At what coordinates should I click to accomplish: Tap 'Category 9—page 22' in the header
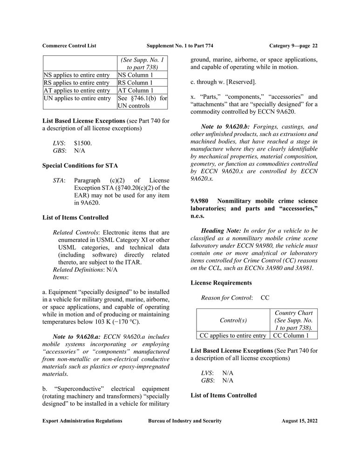[x=293, y=46]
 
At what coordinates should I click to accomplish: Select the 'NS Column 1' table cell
[x=135, y=75]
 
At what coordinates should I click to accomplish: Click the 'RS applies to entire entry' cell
[x=76, y=82]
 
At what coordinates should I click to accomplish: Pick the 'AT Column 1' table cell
[x=135, y=90]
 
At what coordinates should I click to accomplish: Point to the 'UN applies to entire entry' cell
[x=77, y=98]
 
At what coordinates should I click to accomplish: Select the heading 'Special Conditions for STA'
[x=80, y=165]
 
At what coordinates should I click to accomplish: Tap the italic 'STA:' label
[x=59, y=180]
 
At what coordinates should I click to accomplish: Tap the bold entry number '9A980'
[x=199, y=201]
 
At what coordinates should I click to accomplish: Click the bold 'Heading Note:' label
[x=220, y=231]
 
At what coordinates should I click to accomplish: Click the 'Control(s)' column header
[x=234, y=320]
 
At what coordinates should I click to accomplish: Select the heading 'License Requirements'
[x=221, y=283]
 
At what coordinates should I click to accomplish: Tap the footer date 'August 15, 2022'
[x=299, y=421]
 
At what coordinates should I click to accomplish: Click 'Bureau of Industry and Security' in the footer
[x=185, y=421]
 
